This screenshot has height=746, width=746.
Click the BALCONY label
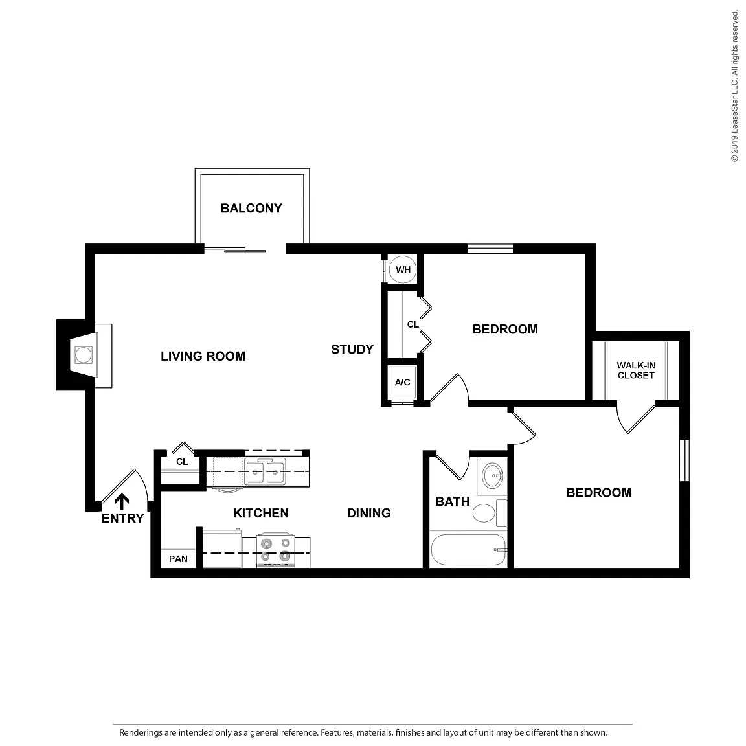tap(251, 209)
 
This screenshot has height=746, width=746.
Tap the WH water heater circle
tap(403, 270)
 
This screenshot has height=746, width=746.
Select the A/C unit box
tap(402, 382)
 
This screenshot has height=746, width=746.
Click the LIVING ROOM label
tap(203, 356)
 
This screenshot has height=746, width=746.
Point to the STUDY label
tap(352, 350)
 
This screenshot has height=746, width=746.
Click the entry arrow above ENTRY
tap(122, 501)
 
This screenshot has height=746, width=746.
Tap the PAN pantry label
tap(179, 559)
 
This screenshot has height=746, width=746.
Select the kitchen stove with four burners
tap(275, 550)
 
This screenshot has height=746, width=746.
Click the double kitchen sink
tap(265, 471)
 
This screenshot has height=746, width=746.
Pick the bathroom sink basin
tap(492, 475)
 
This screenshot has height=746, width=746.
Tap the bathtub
tap(468, 550)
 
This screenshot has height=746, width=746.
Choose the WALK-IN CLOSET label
tap(636, 370)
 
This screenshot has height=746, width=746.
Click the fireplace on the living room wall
tap(84, 355)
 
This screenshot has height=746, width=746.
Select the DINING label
tap(368, 514)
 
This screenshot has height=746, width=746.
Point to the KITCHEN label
tap(261, 514)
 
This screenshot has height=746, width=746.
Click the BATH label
tap(453, 502)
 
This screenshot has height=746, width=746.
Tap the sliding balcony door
tap(236, 249)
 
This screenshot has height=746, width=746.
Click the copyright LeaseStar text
tap(735, 86)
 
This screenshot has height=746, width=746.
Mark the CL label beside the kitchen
tap(182, 462)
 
